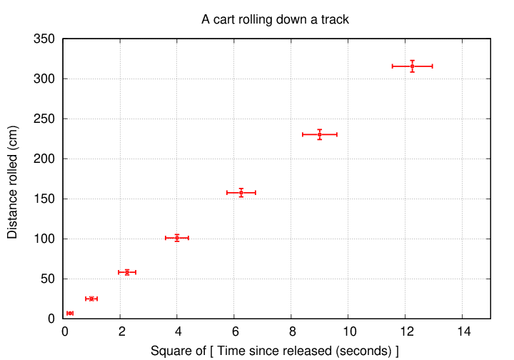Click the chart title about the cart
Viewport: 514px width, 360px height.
[x=275, y=19]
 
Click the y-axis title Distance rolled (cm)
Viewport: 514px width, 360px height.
[x=13, y=181]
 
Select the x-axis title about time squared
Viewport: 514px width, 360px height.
[x=274, y=351]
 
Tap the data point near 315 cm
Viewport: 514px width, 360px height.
[x=412, y=66]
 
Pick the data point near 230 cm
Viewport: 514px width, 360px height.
[x=319, y=134]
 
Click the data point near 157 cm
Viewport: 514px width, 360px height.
[x=241, y=192]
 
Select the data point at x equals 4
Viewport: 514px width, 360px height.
[x=177, y=238]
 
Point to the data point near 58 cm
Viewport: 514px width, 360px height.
[x=127, y=272]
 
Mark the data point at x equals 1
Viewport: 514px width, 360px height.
[x=91, y=299]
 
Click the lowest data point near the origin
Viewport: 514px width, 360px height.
[x=70, y=314]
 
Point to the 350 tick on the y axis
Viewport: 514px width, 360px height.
[x=46, y=39]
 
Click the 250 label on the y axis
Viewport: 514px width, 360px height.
[x=46, y=119]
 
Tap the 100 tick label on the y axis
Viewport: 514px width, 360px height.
[x=46, y=239]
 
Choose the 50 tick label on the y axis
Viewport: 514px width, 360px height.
[x=49, y=279]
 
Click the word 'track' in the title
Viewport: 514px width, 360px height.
[x=334, y=19]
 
